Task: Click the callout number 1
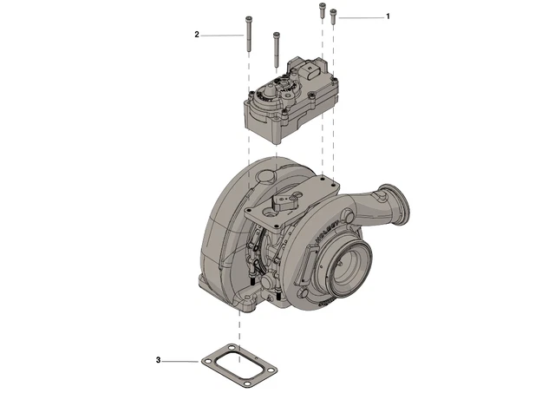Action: [388, 16]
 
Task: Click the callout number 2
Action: [197, 35]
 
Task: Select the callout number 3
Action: [159, 359]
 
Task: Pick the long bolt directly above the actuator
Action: [276, 48]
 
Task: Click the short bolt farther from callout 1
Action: [321, 12]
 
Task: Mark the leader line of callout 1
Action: [360, 16]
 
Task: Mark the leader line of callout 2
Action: [221, 35]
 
